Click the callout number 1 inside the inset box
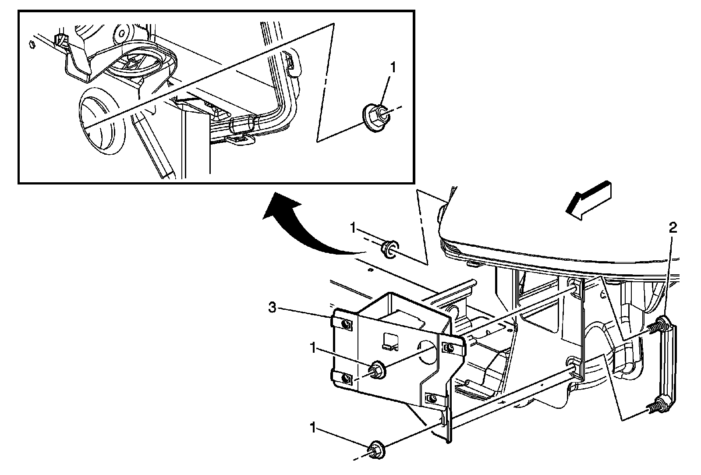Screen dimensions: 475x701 393,67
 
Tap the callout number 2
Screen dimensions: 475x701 673,227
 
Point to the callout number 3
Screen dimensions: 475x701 273,308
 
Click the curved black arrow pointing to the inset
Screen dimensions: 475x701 298,228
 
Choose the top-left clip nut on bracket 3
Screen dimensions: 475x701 345,324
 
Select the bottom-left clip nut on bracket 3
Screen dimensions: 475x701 345,377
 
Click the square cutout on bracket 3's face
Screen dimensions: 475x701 391,342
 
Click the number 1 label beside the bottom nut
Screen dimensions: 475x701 312,428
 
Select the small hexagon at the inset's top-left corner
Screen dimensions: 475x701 31,44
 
